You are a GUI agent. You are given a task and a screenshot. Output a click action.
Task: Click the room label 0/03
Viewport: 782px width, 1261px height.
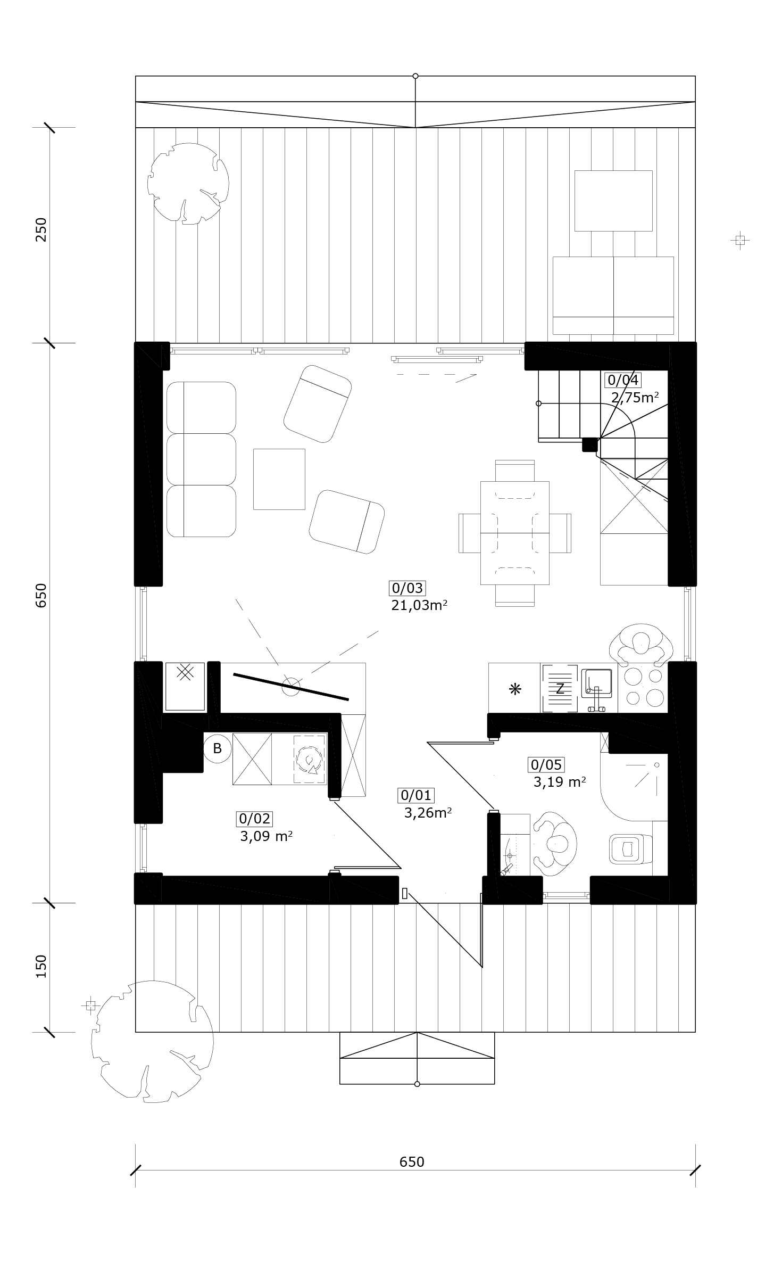pos(407,588)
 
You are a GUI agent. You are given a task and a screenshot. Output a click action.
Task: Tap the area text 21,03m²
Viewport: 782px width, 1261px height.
pos(419,605)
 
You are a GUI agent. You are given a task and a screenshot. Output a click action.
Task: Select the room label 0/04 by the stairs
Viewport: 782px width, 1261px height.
pos(622,380)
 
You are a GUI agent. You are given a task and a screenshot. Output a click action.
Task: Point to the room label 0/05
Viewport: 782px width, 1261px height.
pos(546,765)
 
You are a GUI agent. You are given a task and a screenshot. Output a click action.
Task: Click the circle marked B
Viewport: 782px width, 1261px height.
pos(217,748)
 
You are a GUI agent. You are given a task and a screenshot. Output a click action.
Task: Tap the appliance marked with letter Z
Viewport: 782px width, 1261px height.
pos(560,688)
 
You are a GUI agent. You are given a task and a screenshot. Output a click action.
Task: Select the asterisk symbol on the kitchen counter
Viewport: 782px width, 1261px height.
pos(515,689)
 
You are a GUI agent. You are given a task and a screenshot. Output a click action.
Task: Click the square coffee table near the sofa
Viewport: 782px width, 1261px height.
pos(279,479)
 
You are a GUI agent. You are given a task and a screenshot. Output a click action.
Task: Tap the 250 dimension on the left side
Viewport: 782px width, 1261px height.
pos(41,229)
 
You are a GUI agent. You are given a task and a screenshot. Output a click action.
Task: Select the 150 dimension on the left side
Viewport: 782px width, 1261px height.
pos(41,966)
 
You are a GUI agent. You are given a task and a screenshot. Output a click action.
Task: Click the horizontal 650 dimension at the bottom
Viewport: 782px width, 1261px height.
pos(412,1161)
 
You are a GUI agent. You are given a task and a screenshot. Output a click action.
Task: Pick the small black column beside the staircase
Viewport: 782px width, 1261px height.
pos(590,444)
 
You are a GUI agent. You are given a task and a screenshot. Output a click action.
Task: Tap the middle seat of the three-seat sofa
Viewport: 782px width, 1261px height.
pos(201,459)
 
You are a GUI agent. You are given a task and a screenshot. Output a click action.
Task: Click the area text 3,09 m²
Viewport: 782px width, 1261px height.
pos(266,836)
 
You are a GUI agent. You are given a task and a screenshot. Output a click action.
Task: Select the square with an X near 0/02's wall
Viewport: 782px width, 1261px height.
pos(185,686)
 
